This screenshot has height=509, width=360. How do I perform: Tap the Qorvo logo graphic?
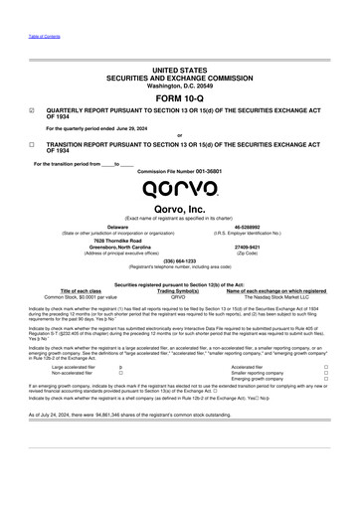[x=179, y=189]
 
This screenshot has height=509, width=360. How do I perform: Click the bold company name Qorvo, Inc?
[x=179, y=209]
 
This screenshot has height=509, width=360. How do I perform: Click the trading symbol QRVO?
[x=179, y=295]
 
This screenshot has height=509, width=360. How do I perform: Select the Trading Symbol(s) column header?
[x=179, y=289]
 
